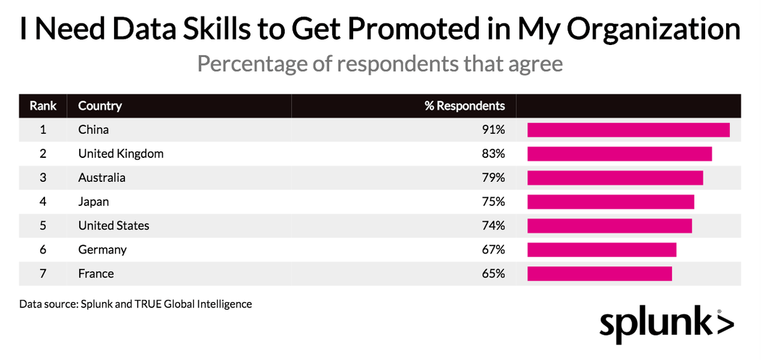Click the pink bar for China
tap(628, 130)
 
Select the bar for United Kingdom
tap(620, 154)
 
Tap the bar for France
tap(599, 274)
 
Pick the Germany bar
tap(602, 250)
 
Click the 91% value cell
tap(493, 130)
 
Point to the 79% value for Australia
tap(493, 178)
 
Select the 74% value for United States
tap(493, 226)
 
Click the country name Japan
tap(94, 202)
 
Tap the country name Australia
tap(102, 178)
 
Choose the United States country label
tap(114, 226)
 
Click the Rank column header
tap(43, 106)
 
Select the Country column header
tap(100, 106)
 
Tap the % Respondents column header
tap(465, 106)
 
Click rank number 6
tap(43, 250)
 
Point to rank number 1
tap(43, 130)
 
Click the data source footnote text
tap(136, 304)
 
